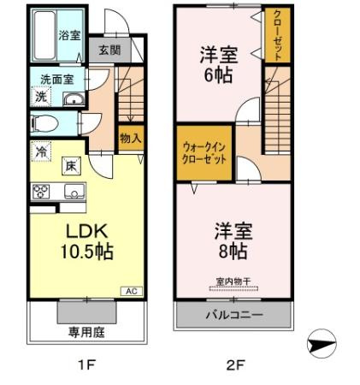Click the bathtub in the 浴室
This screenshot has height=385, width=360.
[44, 35]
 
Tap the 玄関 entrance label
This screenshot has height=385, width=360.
[109, 50]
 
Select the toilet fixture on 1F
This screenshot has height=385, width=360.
[44, 123]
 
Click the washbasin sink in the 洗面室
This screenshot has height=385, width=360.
[74, 99]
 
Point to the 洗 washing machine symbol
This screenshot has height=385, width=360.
[41, 97]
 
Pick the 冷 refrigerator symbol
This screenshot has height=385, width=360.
[41, 151]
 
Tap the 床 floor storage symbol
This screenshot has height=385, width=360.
[71, 166]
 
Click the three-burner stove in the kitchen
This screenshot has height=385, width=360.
[41, 192]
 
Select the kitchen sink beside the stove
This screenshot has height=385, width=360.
[74, 191]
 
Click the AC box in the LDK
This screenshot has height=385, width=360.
[132, 291]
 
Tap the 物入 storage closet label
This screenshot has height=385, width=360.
[131, 138]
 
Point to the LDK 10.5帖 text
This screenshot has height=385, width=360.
[87, 241]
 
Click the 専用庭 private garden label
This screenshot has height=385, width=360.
[86, 333]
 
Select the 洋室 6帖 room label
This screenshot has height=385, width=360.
[219, 64]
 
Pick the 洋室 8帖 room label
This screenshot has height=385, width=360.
[233, 241]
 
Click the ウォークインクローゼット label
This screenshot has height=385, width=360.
[204, 153]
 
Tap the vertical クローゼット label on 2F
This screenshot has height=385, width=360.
[277, 35]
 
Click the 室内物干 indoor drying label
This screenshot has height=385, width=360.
[233, 281]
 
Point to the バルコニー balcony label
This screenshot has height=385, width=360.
[234, 315]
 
